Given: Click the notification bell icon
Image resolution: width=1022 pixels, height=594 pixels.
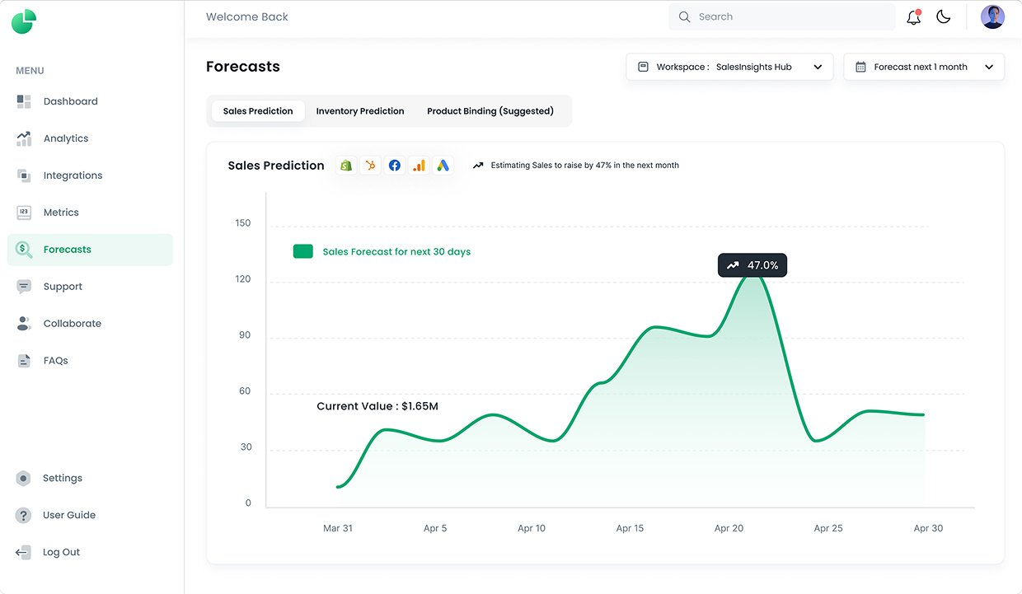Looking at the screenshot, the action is click(x=913, y=17).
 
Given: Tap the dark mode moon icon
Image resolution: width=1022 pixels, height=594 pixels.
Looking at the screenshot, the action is click(x=943, y=16).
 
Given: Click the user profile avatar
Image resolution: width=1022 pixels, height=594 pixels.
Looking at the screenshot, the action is click(x=992, y=16).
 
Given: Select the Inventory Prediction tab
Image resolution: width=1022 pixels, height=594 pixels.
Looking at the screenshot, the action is click(x=360, y=111).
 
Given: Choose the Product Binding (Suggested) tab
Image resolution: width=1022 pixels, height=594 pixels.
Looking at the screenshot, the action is click(x=490, y=111).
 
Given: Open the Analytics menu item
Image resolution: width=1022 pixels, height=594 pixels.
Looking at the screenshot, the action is click(x=66, y=138).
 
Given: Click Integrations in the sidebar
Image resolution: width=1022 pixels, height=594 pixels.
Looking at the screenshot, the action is click(x=73, y=175).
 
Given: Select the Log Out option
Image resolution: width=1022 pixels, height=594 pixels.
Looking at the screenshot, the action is click(x=61, y=552).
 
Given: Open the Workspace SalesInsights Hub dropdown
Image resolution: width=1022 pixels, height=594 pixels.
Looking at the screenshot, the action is click(x=729, y=67).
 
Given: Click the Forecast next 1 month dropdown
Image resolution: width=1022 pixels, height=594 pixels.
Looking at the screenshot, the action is click(x=924, y=67).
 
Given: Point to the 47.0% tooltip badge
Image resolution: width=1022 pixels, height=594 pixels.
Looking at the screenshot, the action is click(x=752, y=265).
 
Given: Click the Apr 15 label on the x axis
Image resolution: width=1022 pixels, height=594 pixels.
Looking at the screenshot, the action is click(x=630, y=528).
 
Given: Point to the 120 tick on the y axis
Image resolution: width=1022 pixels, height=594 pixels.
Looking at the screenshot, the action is click(x=242, y=278).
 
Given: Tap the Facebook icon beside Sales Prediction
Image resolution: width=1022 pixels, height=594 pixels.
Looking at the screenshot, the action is click(x=395, y=165).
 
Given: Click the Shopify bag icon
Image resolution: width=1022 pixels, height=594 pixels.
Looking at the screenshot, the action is click(x=346, y=165).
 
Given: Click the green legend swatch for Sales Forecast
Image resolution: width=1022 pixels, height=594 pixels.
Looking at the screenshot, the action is click(x=303, y=251).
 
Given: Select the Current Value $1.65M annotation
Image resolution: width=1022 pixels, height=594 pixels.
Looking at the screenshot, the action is click(x=377, y=406).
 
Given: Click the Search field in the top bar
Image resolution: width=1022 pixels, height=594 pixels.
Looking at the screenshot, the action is click(x=781, y=16).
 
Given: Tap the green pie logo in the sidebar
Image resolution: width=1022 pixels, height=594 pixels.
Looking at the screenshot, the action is click(x=24, y=21).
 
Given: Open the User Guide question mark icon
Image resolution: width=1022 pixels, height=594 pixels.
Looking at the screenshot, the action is click(x=23, y=515).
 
